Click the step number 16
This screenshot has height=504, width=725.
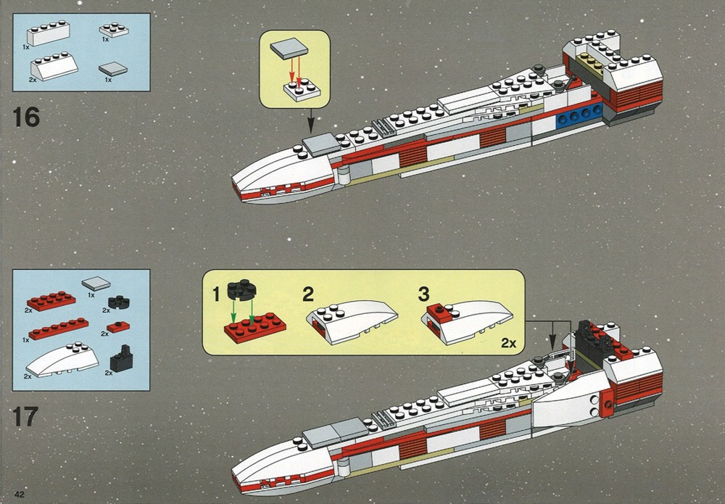click(x=26, y=117)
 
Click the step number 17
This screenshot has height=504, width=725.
click(x=25, y=416)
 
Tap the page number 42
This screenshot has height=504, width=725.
click(x=20, y=494)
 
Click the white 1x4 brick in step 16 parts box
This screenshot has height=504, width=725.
click(x=48, y=33)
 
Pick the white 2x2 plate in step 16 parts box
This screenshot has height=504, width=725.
click(x=114, y=30)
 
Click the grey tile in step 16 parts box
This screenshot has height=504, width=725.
click(x=113, y=70)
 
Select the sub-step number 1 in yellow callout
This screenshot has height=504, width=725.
click(x=216, y=294)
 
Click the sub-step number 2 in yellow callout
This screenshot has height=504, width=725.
click(x=308, y=294)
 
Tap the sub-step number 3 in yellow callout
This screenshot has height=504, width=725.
click(x=423, y=294)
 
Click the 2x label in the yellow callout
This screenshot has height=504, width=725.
click(x=509, y=343)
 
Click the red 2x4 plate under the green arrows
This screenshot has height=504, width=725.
click(x=254, y=327)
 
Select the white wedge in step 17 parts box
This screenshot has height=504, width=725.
click(x=62, y=360)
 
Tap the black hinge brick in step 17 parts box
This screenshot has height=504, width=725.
click(x=121, y=359)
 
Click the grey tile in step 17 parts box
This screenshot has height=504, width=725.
click(x=96, y=283)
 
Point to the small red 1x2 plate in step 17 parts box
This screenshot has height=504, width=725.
click(x=118, y=327)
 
